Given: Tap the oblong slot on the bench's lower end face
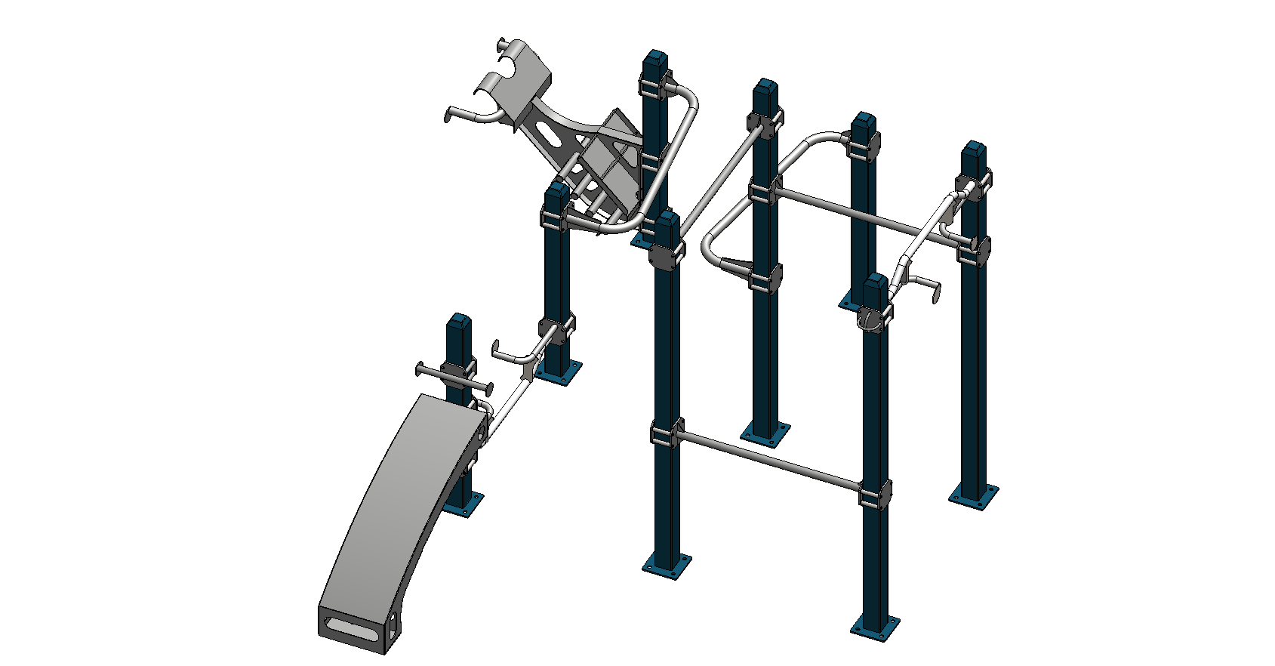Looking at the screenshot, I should coord(351,628).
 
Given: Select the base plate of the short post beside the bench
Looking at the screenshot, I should coord(463,504).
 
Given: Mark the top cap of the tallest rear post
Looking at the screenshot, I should coord(655,58).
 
